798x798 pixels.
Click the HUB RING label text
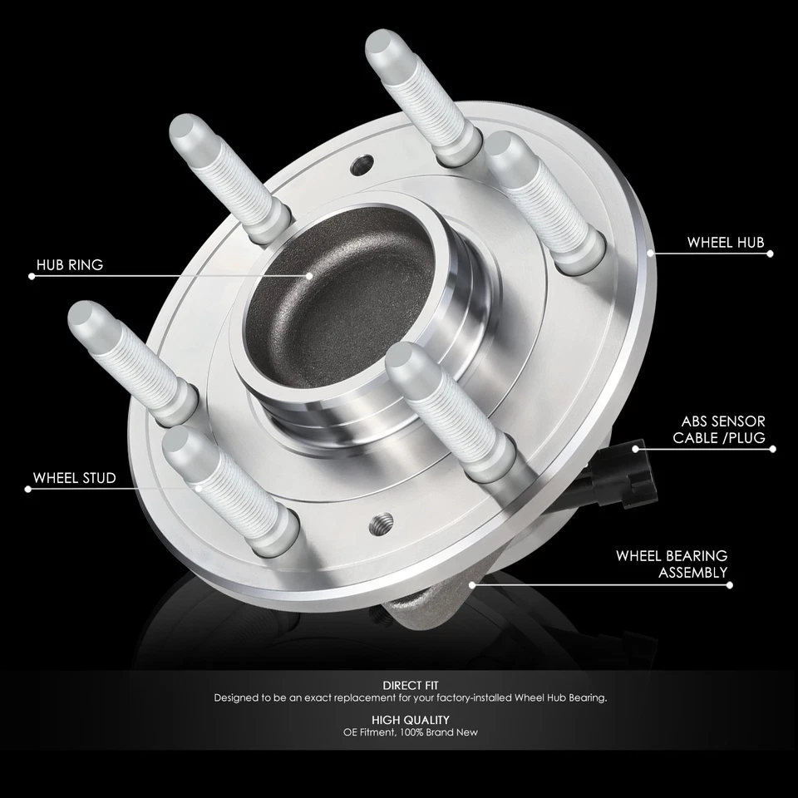click(x=70, y=265)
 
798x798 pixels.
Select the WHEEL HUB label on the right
click(x=725, y=243)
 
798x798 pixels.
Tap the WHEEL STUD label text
click(x=74, y=478)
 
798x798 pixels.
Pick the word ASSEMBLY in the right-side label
click(x=692, y=572)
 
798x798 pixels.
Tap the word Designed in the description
click(x=238, y=698)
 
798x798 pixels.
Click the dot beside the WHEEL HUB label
click(x=770, y=254)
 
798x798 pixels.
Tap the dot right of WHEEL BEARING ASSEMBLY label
click(x=731, y=584)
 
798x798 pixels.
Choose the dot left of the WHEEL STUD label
click(x=28, y=489)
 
